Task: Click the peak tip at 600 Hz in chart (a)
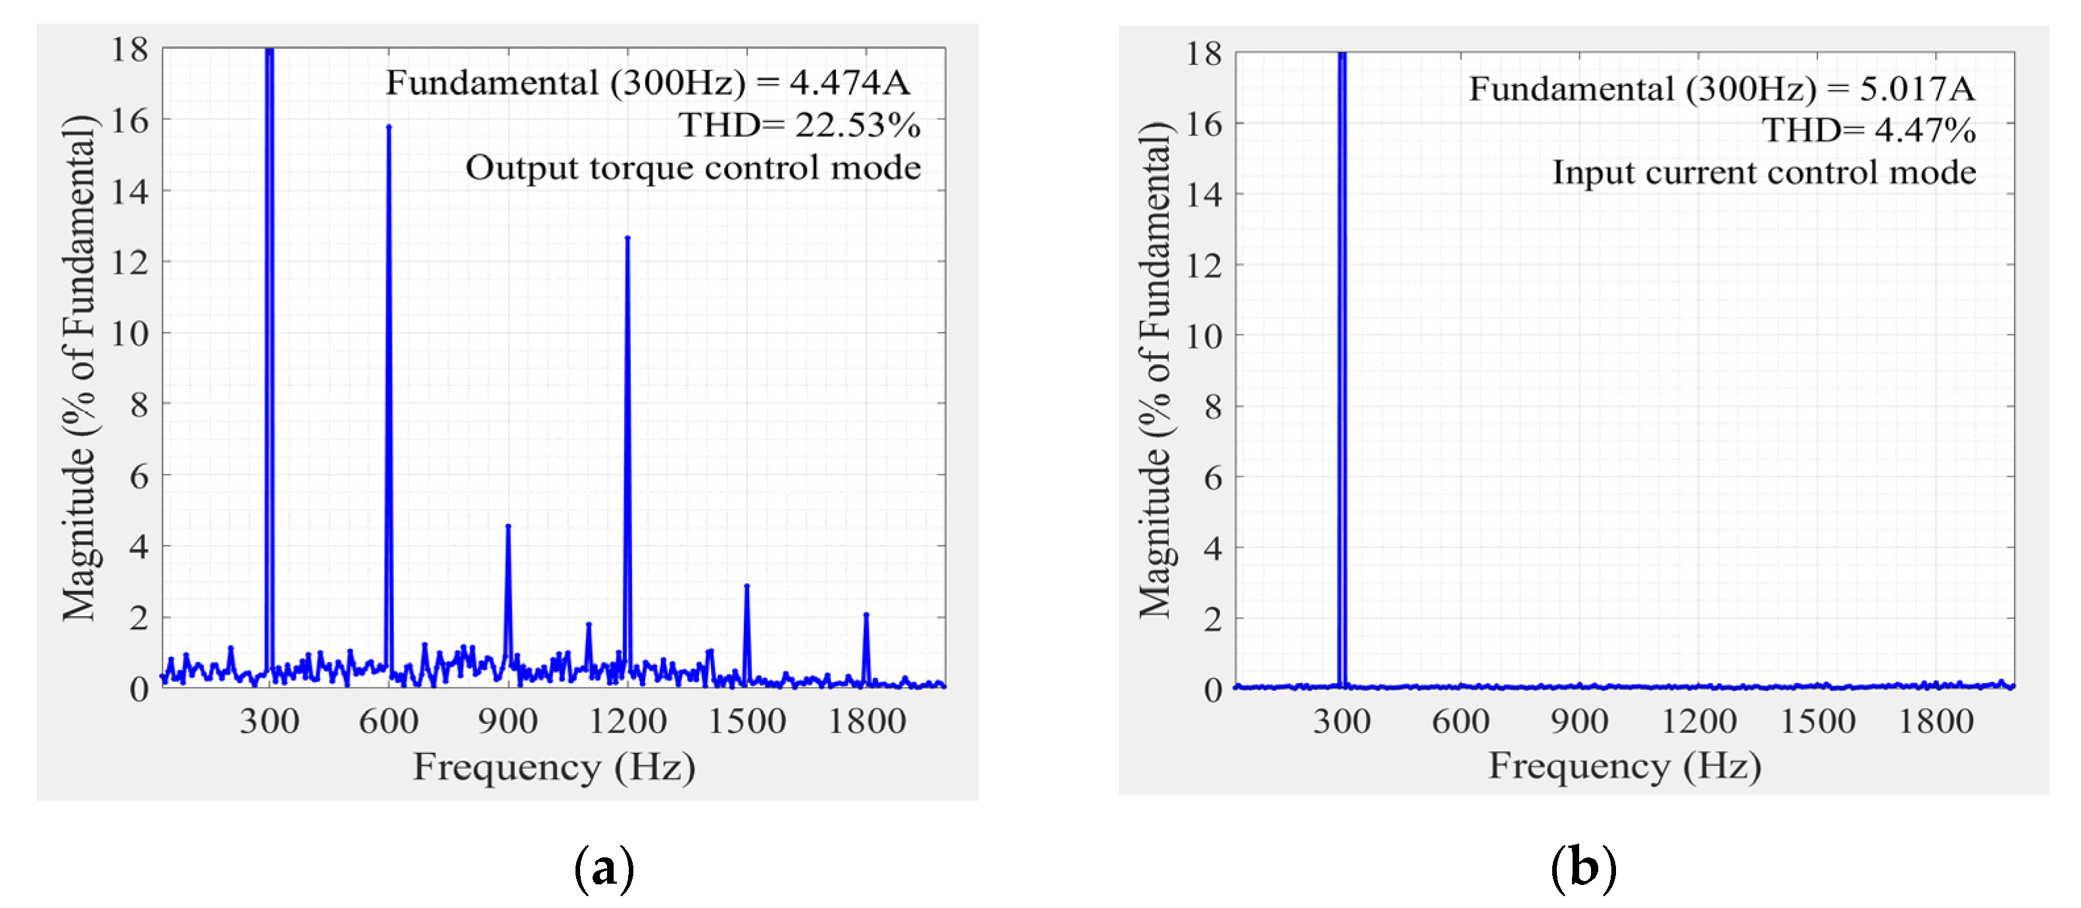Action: point(389,127)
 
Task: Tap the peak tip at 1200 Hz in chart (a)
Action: point(627,237)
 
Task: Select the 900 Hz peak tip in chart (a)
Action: point(508,526)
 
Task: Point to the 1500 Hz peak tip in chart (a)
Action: point(747,586)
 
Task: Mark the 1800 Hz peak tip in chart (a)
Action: point(866,614)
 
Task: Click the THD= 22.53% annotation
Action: point(799,125)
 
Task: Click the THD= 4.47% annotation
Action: point(1869,130)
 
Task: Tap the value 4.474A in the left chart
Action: point(850,82)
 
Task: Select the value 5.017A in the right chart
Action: point(1917,88)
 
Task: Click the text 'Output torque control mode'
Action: point(693,168)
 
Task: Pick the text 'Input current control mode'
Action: point(1765,173)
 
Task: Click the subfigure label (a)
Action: point(604,869)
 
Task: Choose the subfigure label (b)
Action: point(1583,869)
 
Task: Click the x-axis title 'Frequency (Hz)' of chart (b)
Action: point(1625,765)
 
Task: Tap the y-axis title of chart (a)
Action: point(79,368)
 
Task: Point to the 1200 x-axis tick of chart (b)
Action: point(1699,721)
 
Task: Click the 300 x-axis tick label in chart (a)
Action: point(269,721)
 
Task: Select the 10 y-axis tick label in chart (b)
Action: point(1204,336)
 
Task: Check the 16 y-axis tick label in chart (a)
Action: point(130,120)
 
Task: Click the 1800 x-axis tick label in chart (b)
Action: point(1936,721)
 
